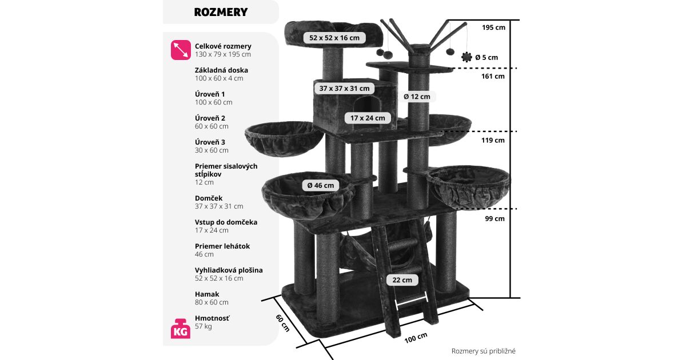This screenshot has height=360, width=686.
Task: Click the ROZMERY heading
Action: tap(221, 12)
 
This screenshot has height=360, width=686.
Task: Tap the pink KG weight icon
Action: tap(180, 329)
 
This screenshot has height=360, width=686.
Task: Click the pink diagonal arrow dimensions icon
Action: tap(181, 50)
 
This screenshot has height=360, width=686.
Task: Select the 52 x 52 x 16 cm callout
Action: tap(334, 38)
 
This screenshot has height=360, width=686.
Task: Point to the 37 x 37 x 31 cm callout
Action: tap(344, 88)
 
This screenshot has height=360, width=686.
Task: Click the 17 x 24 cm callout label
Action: tap(368, 118)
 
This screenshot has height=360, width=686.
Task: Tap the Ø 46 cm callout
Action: tap(320, 185)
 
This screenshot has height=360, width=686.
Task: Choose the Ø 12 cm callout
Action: tap(417, 97)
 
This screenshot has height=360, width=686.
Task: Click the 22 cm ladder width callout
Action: tap(402, 280)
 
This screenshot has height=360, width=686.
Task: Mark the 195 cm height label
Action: tap(493, 27)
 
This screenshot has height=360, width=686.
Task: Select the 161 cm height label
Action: tap(493, 76)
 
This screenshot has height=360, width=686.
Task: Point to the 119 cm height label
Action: tap(493, 140)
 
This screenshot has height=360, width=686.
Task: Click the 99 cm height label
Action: tap(493, 218)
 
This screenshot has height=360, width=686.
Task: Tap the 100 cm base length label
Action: tap(416, 337)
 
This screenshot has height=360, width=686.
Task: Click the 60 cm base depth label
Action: tap(282, 323)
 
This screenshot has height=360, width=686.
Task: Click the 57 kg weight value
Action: tap(204, 326)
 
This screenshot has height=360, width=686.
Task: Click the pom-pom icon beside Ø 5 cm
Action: tap(467, 57)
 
